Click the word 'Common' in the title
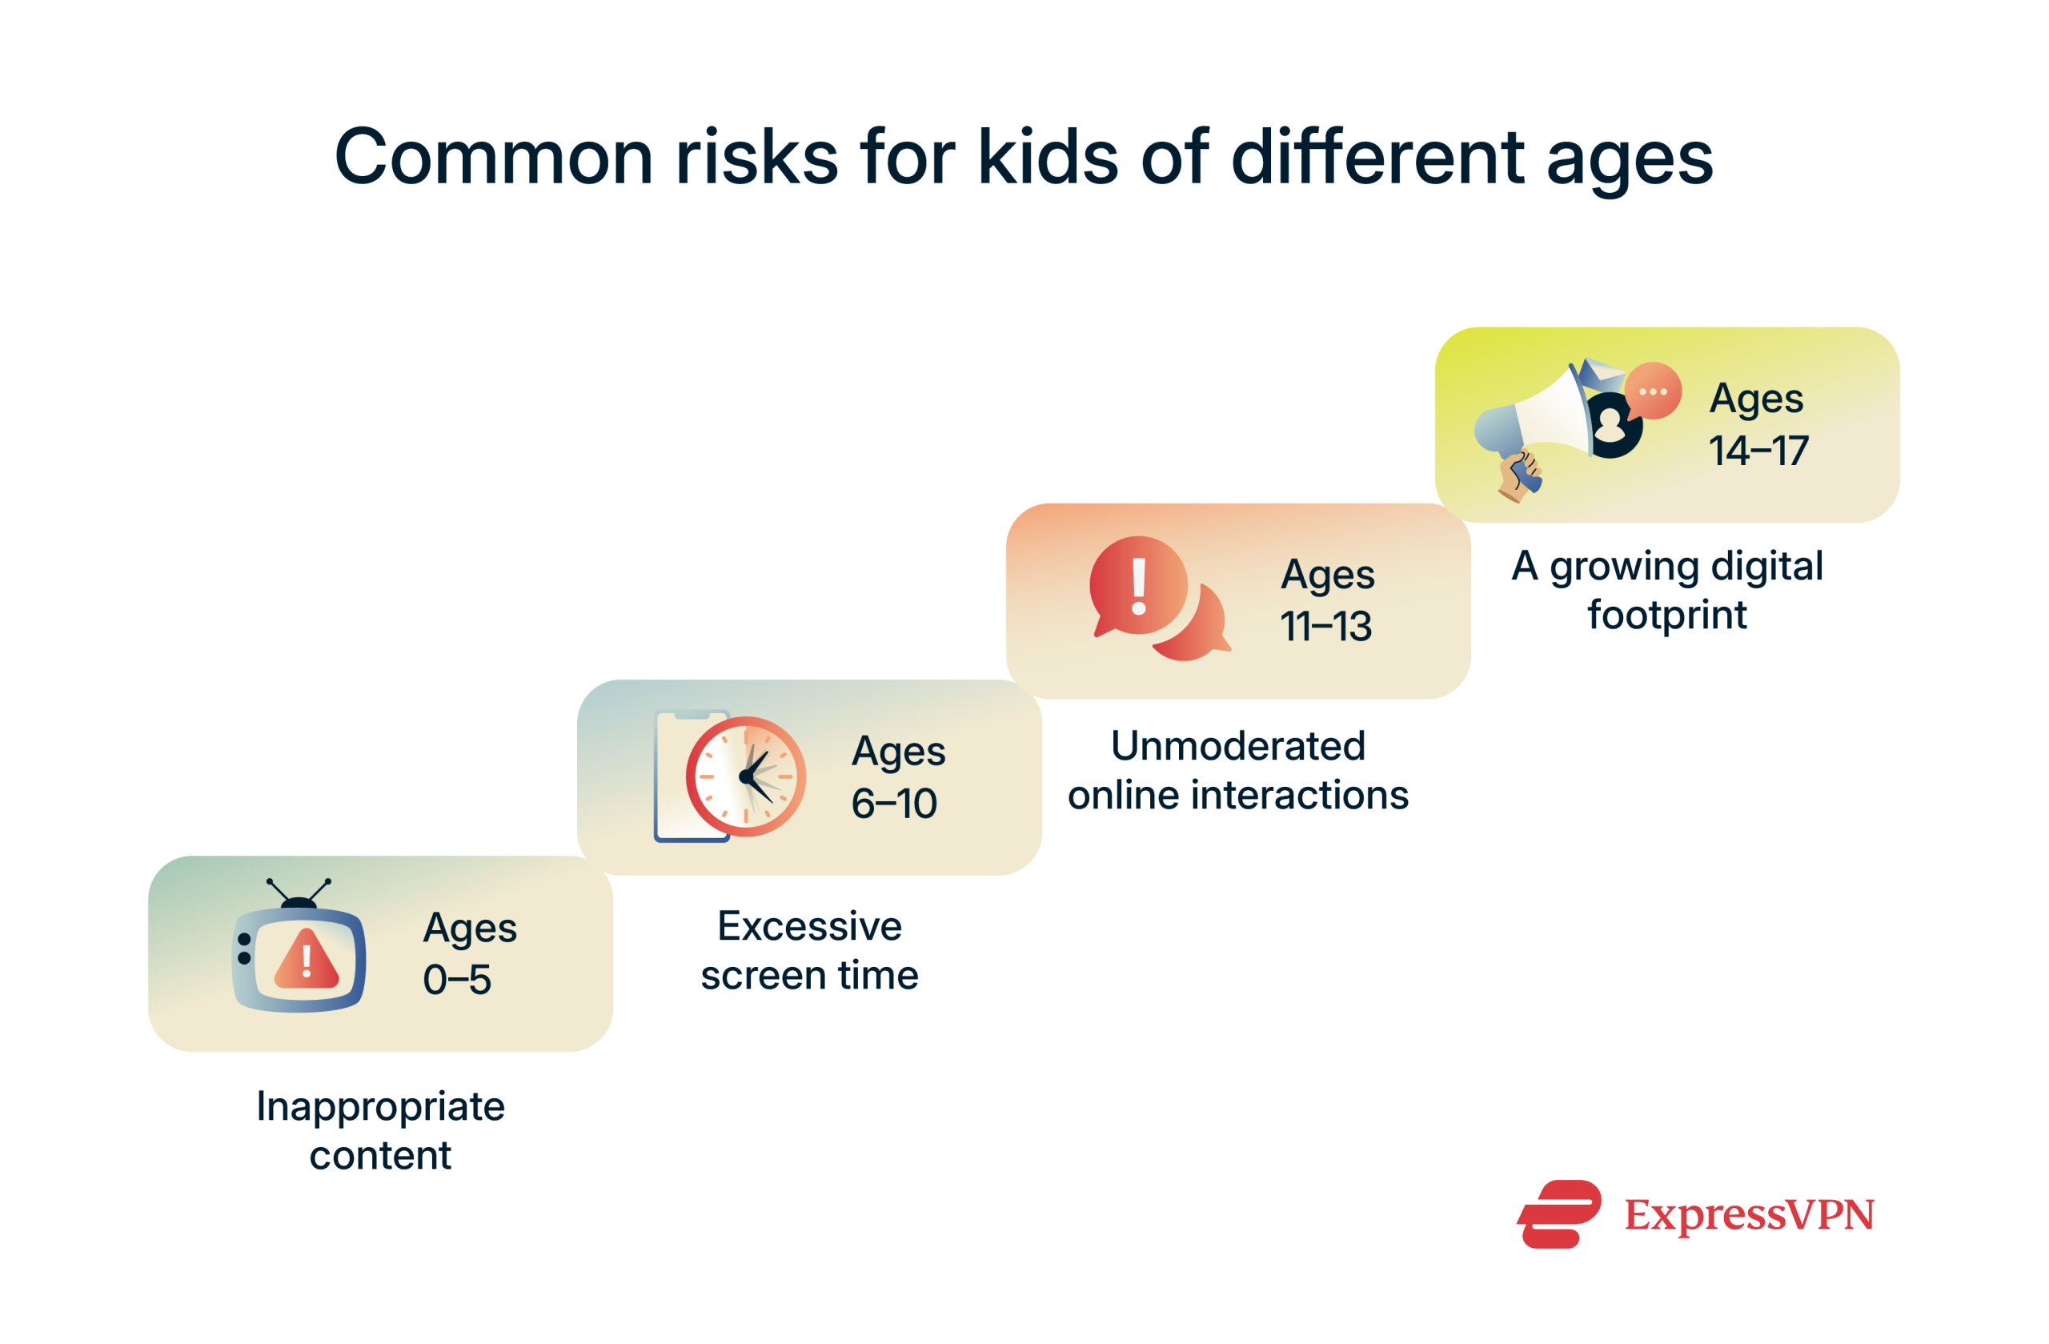pyautogui.click(x=492, y=158)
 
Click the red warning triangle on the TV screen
pyautogui.click(x=307, y=960)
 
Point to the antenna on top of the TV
pyautogui.click(x=299, y=892)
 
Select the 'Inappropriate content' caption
pyautogui.click(x=379, y=1130)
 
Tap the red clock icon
pyautogui.click(x=745, y=776)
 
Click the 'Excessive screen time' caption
pyautogui.click(x=809, y=950)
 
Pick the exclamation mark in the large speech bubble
pyautogui.click(x=1138, y=586)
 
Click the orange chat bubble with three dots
pyautogui.click(x=1653, y=391)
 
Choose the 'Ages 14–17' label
pyautogui.click(x=1758, y=424)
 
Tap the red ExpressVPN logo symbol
pyautogui.click(x=1559, y=1214)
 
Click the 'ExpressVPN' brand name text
pyautogui.click(x=1749, y=1215)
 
